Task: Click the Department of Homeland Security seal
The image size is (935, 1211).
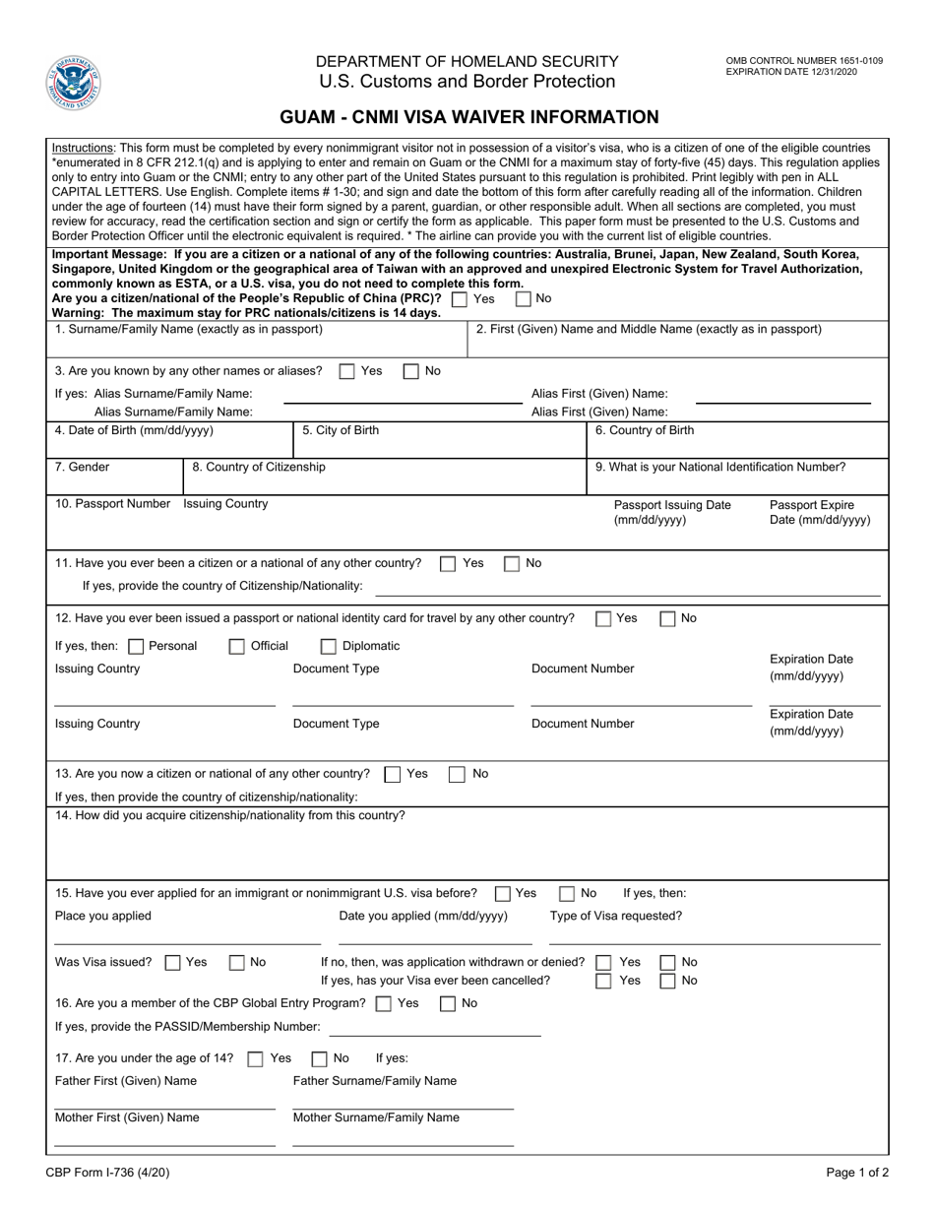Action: pos(74,83)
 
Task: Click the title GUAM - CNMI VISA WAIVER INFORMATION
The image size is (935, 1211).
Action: pos(469,117)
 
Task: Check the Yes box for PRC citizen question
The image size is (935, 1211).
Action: pos(460,298)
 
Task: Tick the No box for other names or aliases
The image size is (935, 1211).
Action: pos(411,371)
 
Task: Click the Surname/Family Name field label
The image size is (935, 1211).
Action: pos(189,329)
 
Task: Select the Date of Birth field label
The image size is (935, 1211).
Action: pos(134,430)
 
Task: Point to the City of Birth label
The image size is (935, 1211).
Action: pos(341,430)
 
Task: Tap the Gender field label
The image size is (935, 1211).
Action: pos(83,467)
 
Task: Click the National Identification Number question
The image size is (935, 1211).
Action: pos(720,467)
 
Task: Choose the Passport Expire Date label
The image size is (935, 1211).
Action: pos(819,512)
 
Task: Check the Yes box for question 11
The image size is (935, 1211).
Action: pos(448,564)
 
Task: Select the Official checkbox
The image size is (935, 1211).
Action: pos(237,647)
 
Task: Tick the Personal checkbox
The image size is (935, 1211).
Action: pos(136,647)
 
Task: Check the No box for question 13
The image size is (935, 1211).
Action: pos(457,774)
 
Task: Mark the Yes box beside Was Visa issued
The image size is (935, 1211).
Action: pos(172,963)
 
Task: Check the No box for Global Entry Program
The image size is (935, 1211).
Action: pos(448,1004)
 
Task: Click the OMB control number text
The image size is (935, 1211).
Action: pos(804,61)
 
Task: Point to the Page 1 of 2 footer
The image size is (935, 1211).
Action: pos(855,1173)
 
